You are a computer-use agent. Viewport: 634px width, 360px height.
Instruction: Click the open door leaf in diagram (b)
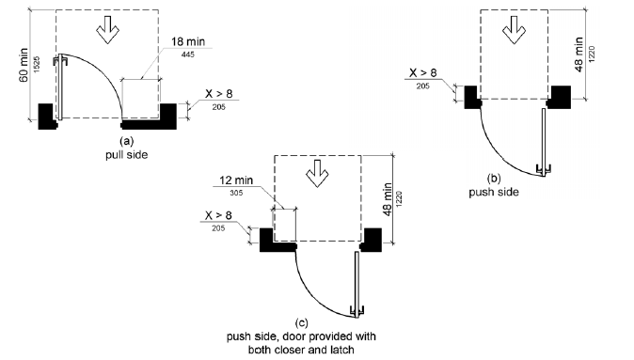[544, 141]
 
